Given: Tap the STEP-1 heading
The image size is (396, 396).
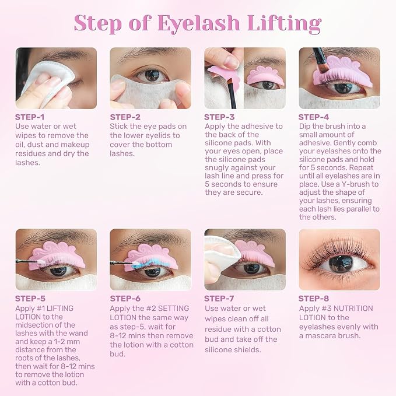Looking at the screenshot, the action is (x=30, y=117).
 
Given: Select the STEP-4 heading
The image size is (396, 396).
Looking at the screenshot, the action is (x=313, y=117).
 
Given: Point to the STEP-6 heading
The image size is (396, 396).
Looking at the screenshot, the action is (x=125, y=299).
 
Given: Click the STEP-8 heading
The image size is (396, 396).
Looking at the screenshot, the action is (x=313, y=299).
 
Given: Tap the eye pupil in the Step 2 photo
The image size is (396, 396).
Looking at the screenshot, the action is (x=152, y=75).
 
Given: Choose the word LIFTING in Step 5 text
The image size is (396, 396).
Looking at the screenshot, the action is (x=60, y=309).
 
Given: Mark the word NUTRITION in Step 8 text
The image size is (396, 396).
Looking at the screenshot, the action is (x=353, y=309).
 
